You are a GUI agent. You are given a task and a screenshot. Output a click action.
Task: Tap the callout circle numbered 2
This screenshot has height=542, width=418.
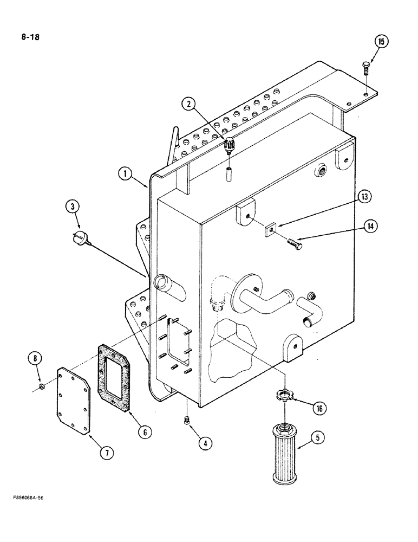(189, 105)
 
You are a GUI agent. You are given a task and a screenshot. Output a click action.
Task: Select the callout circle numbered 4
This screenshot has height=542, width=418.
(204, 443)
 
